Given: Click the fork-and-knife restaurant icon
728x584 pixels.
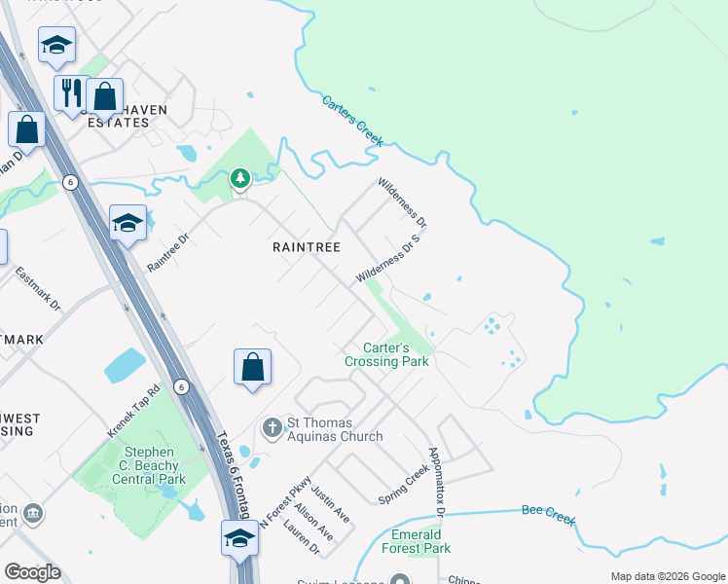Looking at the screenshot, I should tap(70, 93).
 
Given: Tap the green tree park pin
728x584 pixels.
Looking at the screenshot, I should tap(240, 178).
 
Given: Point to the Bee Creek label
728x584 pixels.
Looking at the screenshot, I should tap(549, 511).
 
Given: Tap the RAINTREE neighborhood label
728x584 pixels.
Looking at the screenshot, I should tap(307, 248).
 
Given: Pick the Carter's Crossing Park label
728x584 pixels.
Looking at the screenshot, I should tap(386, 354).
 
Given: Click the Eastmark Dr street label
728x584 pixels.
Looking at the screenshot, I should tap(38, 290).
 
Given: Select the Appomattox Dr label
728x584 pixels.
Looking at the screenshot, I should tap(437, 482).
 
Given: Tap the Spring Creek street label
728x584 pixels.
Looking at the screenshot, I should tap(403, 484).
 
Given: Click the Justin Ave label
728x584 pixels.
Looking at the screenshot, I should tap(331, 507).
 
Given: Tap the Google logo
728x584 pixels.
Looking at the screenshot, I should tap(32, 572).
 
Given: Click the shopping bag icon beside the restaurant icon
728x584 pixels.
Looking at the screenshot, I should tap(104, 97).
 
